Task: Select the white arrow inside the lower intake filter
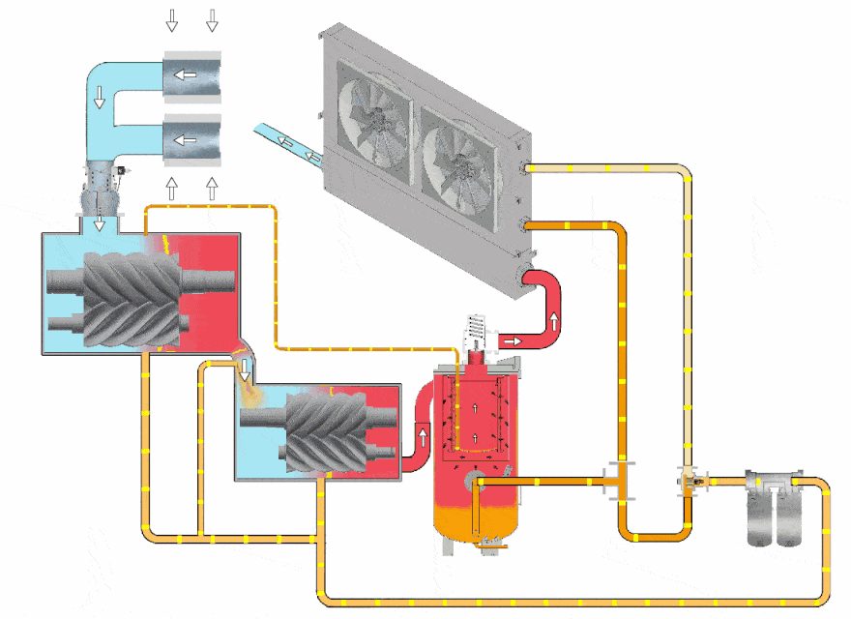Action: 185,140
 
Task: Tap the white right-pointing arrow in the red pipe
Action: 511,340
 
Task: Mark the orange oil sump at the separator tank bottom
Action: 475,517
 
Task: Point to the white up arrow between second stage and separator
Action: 423,436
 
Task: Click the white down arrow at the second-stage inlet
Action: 246,368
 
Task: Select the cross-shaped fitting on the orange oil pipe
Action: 616,479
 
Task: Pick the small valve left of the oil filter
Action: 690,479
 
